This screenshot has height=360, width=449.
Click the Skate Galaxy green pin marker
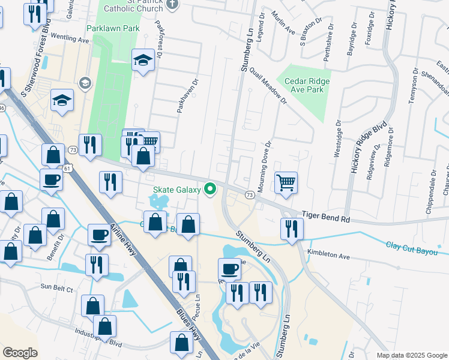210,189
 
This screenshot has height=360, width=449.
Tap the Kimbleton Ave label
328,256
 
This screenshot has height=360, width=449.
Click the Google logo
20,353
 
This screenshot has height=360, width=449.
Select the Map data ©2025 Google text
411,355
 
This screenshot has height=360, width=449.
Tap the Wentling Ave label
70,39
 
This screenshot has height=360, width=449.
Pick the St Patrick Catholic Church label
133,6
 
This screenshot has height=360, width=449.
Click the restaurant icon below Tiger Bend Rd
292,229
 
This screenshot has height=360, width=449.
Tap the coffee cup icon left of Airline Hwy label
99,235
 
